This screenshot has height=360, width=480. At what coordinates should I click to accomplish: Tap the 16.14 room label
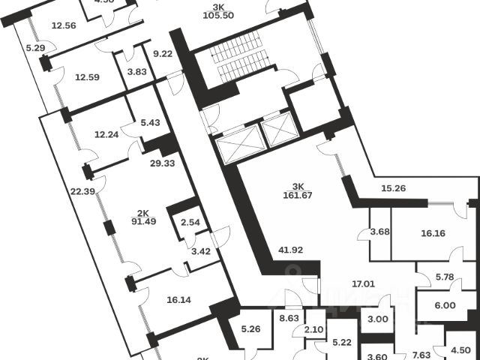[180, 298]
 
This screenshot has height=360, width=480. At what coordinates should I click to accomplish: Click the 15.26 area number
[395, 188]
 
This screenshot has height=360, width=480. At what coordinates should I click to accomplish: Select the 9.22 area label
[164, 53]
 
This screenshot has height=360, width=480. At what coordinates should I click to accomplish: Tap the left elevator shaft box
[236, 142]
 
